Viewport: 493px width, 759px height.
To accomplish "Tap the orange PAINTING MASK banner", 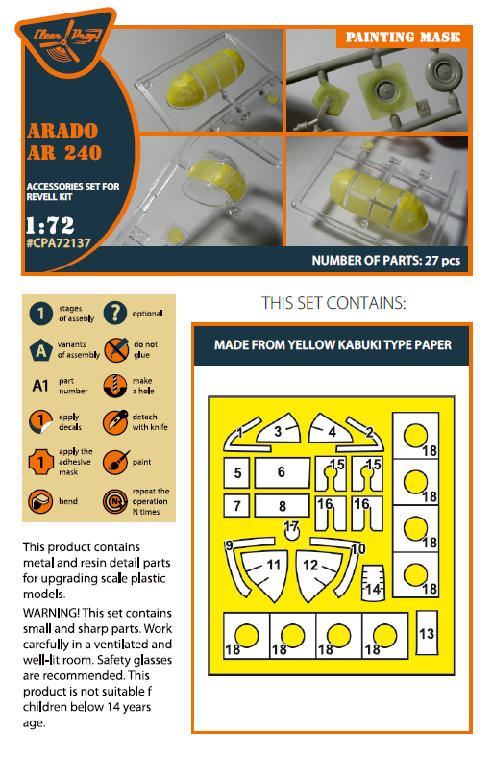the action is tap(403, 38).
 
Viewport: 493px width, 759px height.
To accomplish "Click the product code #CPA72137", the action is tap(59, 243).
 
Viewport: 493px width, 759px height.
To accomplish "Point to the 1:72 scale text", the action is tap(50, 224).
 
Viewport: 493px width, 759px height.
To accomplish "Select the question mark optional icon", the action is tap(115, 314).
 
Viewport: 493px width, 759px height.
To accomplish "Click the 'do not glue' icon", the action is tap(116, 349).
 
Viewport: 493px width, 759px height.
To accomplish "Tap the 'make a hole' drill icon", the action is tap(115, 386).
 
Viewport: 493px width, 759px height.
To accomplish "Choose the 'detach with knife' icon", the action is tap(115, 422).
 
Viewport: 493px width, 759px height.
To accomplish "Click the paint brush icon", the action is tap(115, 463).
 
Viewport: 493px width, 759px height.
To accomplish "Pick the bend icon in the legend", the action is tap(40, 501).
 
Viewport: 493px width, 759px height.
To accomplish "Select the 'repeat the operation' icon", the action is tap(115, 501).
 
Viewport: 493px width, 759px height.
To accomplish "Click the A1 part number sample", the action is tap(40, 386).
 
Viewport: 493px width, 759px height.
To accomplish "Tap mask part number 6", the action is tap(283, 472).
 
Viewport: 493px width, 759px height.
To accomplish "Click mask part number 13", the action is tap(427, 633).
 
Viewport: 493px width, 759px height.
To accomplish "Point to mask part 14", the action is tap(374, 583).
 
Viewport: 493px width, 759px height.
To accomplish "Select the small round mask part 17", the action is tap(291, 532).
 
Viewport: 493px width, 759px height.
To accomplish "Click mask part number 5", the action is tap(236, 472).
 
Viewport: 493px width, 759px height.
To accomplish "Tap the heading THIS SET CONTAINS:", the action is tap(333, 303).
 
